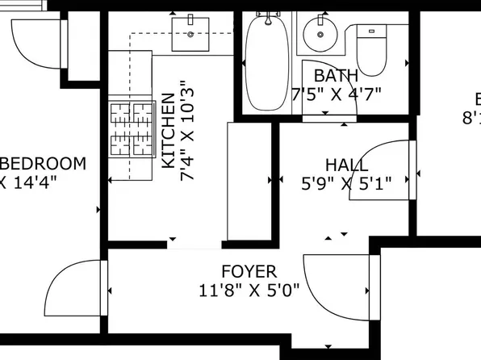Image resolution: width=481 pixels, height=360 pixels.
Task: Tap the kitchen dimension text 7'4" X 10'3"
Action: pos(187,129)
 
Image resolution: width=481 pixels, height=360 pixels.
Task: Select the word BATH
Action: pos(336,76)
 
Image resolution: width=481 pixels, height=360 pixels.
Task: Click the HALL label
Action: pos(346,165)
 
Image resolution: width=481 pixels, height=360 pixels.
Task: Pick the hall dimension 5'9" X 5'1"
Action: pos(346,183)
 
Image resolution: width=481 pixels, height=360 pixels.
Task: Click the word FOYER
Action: pos(249,272)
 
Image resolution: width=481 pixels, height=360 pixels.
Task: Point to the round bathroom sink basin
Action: pos(317,35)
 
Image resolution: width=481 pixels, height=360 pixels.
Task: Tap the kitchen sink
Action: pos(191,33)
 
